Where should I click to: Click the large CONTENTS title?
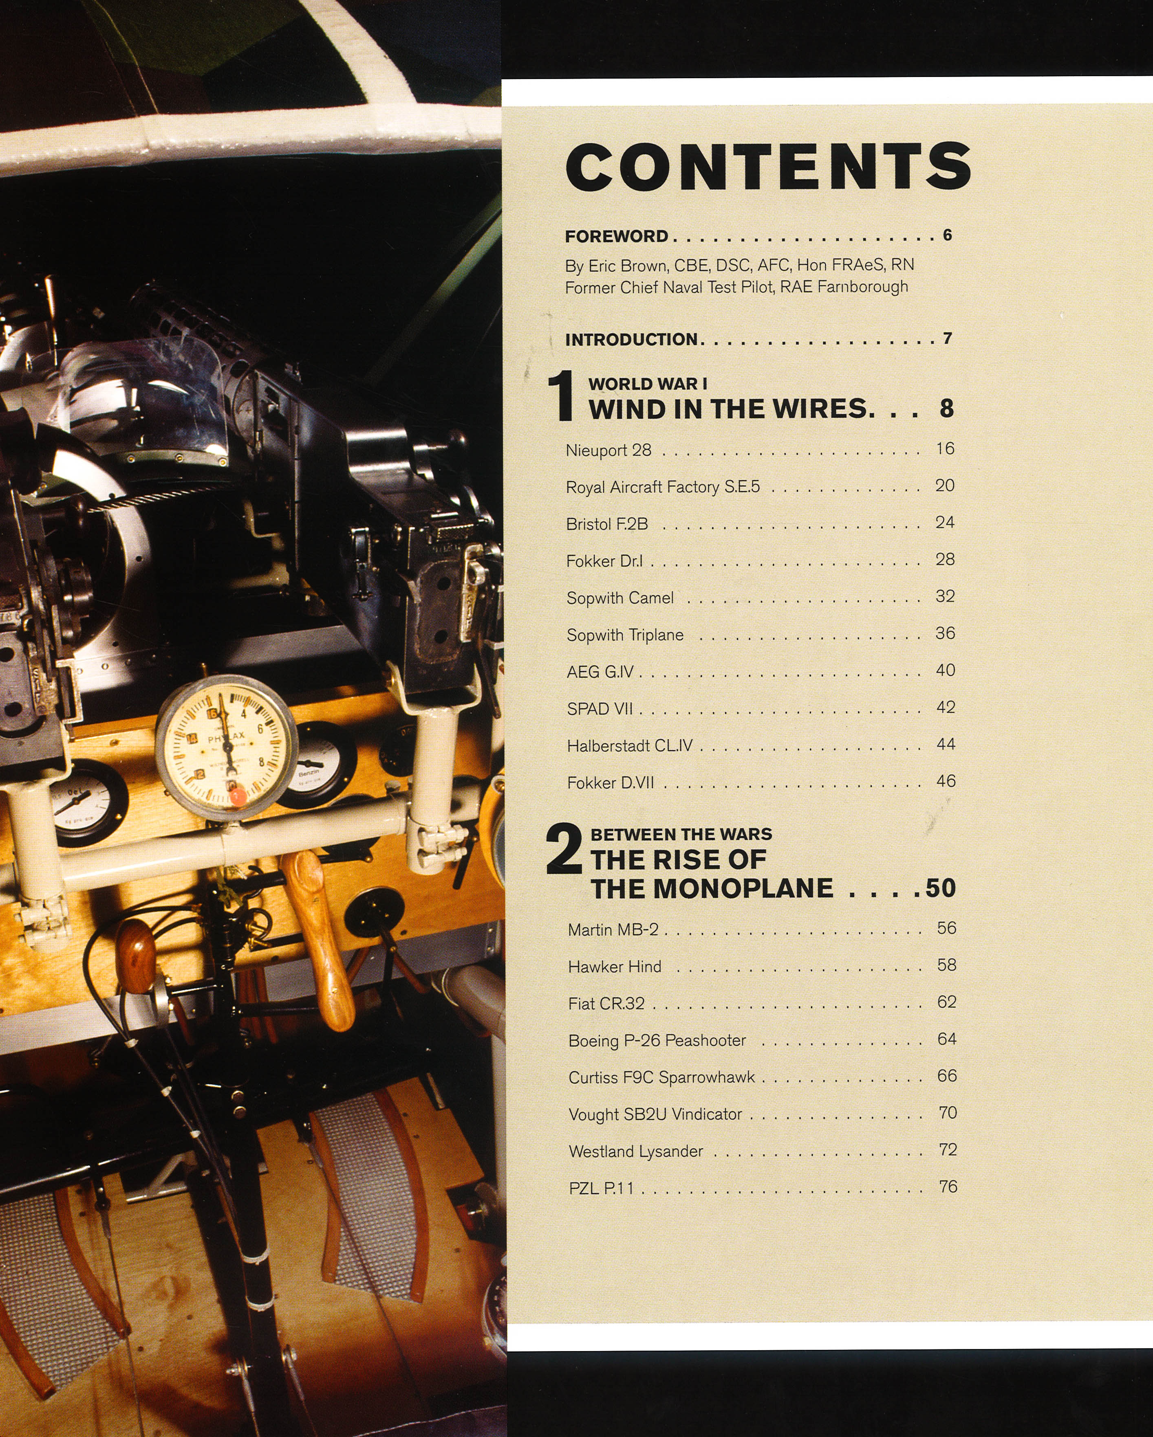pyautogui.click(x=768, y=167)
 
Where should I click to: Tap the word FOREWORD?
pyautogui.click(x=616, y=237)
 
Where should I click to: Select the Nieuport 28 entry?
pyautogui.click(x=608, y=450)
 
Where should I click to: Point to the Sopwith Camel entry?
pyautogui.click(x=619, y=598)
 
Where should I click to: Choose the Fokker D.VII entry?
pyautogui.click(x=610, y=782)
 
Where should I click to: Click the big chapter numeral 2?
pyautogui.click(x=564, y=850)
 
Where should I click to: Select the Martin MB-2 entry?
pyautogui.click(x=613, y=929)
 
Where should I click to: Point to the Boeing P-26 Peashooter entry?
pyautogui.click(x=657, y=1040)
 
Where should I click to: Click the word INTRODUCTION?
pyautogui.click(x=631, y=339)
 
